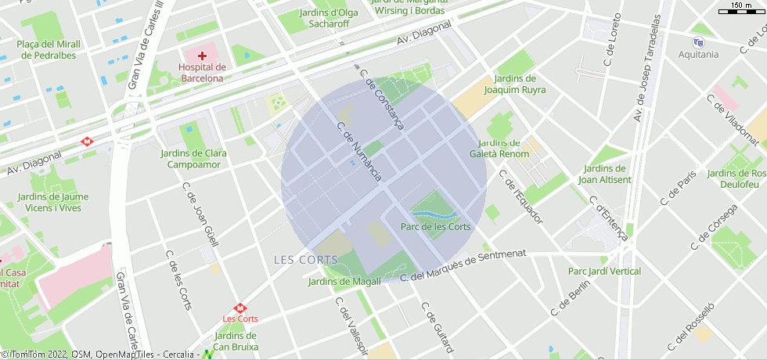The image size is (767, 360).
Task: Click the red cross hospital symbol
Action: point(203,56)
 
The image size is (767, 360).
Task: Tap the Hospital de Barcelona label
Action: point(203,73)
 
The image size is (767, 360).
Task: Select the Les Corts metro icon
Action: point(240,308)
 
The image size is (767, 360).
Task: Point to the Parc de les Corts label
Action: point(435,227)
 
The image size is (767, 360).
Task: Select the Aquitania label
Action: point(698,55)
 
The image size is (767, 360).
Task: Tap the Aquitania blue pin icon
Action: point(698,42)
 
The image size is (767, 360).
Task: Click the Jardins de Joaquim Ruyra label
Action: point(514,84)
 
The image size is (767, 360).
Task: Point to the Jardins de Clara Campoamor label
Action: point(193,159)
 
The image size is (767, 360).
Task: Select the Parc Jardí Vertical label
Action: point(604,272)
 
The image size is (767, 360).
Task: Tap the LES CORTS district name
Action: point(306,260)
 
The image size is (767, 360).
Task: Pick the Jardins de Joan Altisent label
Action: point(604,174)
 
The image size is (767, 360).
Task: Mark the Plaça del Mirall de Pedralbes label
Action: point(46,50)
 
